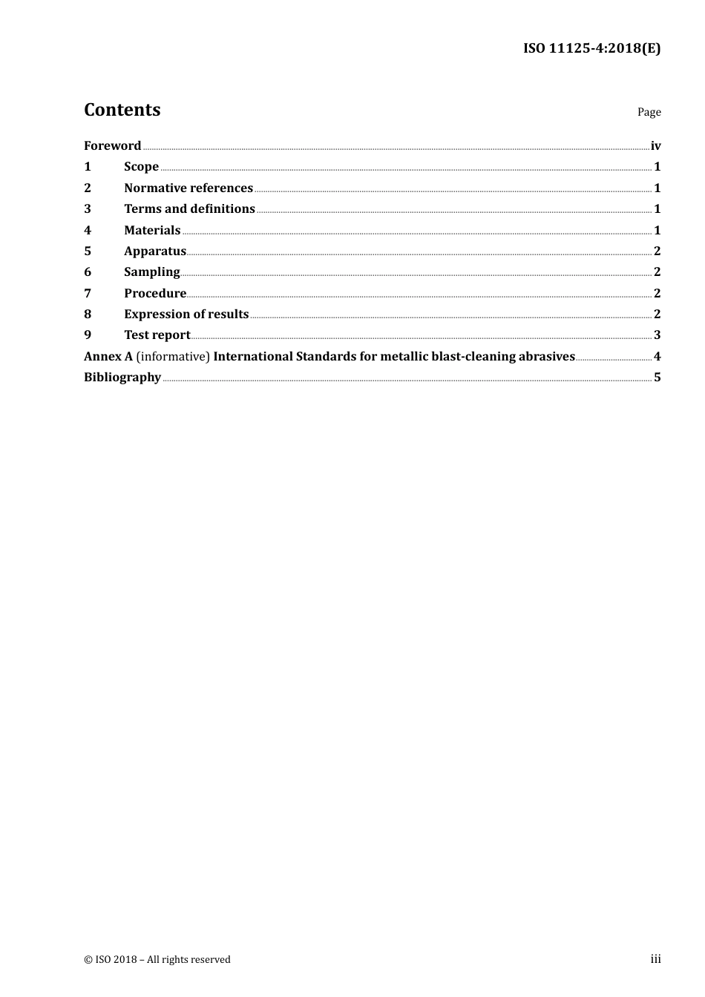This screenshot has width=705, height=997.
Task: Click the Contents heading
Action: point(122,110)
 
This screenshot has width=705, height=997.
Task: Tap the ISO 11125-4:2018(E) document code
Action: point(591,49)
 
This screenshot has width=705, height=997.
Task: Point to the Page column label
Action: point(649,112)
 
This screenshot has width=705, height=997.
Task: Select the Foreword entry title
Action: point(112,146)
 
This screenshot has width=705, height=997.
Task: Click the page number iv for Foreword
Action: point(655,146)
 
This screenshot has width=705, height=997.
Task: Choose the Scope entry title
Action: point(141,167)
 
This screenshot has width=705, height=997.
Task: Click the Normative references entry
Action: point(188,188)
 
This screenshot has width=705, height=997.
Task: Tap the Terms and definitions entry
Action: point(189,209)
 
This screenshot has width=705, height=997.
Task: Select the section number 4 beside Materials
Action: point(88,231)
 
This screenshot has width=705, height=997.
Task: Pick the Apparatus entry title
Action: point(154,251)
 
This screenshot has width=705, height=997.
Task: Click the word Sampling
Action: point(151,272)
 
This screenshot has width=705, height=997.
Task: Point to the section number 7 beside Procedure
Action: point(88,294)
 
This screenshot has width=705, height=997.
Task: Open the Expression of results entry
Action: point(186,315)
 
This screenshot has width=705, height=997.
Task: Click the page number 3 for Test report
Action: point(657,335)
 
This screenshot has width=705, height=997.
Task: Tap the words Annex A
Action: point(108,357)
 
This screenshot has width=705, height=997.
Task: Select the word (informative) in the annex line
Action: point(173,357)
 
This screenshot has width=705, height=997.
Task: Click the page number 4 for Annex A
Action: point(657,357)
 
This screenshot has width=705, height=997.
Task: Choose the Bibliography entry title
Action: point(122,378)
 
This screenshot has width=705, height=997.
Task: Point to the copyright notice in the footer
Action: point(157,960)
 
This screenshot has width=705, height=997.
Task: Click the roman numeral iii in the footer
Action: point(655,959)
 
